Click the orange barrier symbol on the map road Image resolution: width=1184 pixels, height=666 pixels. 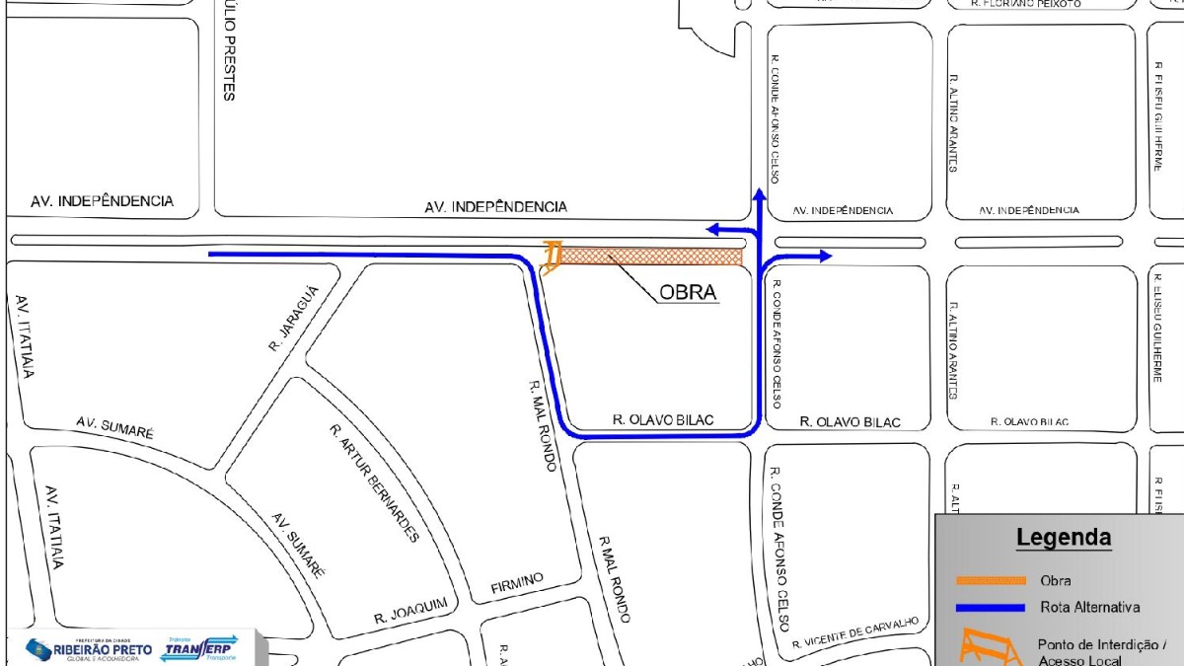click(553, 257)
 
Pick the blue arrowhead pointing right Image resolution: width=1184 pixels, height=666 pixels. click(825, 257)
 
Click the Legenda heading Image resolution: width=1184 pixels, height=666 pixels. click(1064, 538)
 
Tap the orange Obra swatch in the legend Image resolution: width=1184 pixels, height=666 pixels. click(991, 580)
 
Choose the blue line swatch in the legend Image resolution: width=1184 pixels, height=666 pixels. click(991, 607)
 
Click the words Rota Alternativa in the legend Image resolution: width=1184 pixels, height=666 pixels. click(1090, 607)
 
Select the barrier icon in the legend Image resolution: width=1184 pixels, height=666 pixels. click(991, 646)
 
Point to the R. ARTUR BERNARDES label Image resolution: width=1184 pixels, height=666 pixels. click(376, 484)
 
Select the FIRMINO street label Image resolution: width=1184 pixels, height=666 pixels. click(517, 583)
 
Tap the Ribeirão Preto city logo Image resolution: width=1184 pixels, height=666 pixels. click(89, 649)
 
